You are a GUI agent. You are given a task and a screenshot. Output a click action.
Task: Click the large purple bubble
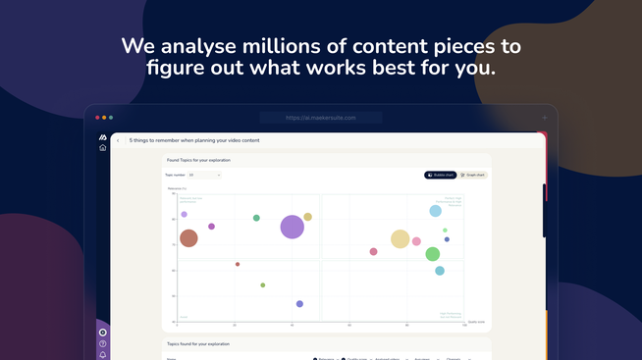pos(292,227)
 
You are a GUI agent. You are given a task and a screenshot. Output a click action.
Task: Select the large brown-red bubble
pos(188,237)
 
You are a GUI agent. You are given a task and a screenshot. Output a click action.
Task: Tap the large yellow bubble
pos(400,238)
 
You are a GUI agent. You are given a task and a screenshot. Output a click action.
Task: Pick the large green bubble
pos(432,254)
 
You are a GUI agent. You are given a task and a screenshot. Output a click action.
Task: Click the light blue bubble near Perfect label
pos(436,211)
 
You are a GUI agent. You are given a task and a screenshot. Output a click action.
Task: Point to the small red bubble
pos(238,264)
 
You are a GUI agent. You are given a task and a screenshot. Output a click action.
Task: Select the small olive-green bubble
pos(263,285)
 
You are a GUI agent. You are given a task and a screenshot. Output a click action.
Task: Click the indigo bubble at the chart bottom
pos(299,304)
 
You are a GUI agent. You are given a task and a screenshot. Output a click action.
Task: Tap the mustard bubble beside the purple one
pos(307,217)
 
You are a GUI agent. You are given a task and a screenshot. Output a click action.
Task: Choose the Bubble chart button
pos(440,175)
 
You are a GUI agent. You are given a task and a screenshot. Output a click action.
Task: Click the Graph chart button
pos(473,175)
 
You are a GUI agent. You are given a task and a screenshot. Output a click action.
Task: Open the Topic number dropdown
pos(204,175)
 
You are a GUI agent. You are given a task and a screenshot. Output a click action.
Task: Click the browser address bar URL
pos(320,118)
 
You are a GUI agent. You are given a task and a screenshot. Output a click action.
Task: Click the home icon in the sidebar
pos(103,148)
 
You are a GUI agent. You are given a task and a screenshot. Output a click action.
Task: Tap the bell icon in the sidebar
pos(103,355)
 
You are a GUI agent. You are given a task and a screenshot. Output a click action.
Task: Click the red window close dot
pos(97,118)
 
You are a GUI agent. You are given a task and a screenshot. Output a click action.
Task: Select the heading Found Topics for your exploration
pos(198,159)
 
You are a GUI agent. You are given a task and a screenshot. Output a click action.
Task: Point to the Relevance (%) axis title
pos(177,187)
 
